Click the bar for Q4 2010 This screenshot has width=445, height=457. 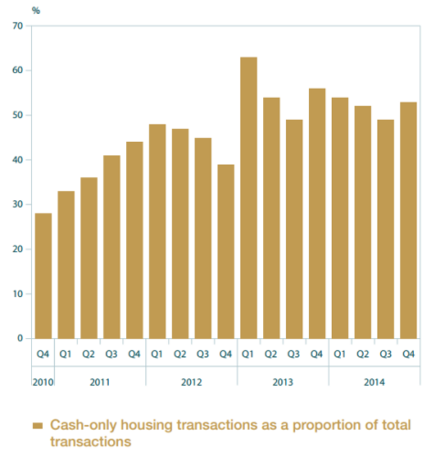point(42,275)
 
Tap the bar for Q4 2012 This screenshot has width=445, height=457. point(225,251)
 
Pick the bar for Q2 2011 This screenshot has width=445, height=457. point(88,258)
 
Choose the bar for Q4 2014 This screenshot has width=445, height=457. point(409,220)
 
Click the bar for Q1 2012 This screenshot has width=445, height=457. point(157,231)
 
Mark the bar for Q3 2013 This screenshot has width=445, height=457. point(294,229)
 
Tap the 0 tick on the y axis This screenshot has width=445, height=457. point(20,338)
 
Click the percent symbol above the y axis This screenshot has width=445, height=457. point(36,10)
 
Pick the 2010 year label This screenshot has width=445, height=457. point(42,382)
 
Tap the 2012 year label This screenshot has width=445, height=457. point(191,382)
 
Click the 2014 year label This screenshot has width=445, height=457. point(374,382)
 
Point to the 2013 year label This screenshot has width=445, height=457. point(282,382)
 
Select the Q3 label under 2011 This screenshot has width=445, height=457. point(111,354)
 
